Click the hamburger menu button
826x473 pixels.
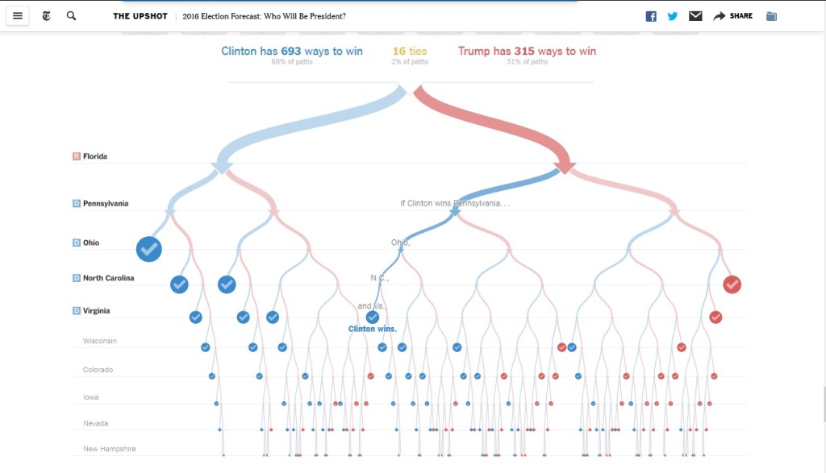pyautogui.click(x=18, y=16)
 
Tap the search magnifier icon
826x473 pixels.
pyautogui.click(x=71, y=16)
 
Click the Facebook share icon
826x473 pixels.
pyautogui.click(x=651, y=16)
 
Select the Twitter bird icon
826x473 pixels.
pyautogui.click(x=673, y=16)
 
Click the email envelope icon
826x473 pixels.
pyautogui.click(x=695, y=16)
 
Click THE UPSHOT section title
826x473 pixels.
pyautogui.click(x=140, y=16)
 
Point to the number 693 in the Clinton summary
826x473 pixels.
pyautogui.click(x=292, y=52)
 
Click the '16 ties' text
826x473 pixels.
pyautogui.click(x=410, y=52)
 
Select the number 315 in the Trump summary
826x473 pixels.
pyautogui.click(x=524, y=52)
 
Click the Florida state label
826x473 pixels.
pyautogui.click(x=95, y=156)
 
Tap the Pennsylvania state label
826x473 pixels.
pyautogui.click(x=106, y=204)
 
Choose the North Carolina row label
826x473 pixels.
pyautogui.click(x=108, y=278)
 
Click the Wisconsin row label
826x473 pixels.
pyautogui.click(x=100, y=341)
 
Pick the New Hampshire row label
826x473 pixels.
pyautogui.click(x=110, y=449)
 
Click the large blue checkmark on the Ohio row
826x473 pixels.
pyautogui.click(x=149, y=250)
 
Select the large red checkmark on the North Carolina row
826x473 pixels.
pyautogui.click(x=732, y=284)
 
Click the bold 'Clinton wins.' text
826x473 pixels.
pyautogui.click(x=373, y=329)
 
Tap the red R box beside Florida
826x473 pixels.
pyautogui.click(x=77, y=156)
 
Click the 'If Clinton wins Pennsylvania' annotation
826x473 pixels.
pyautogui.click(x=455, y=203)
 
